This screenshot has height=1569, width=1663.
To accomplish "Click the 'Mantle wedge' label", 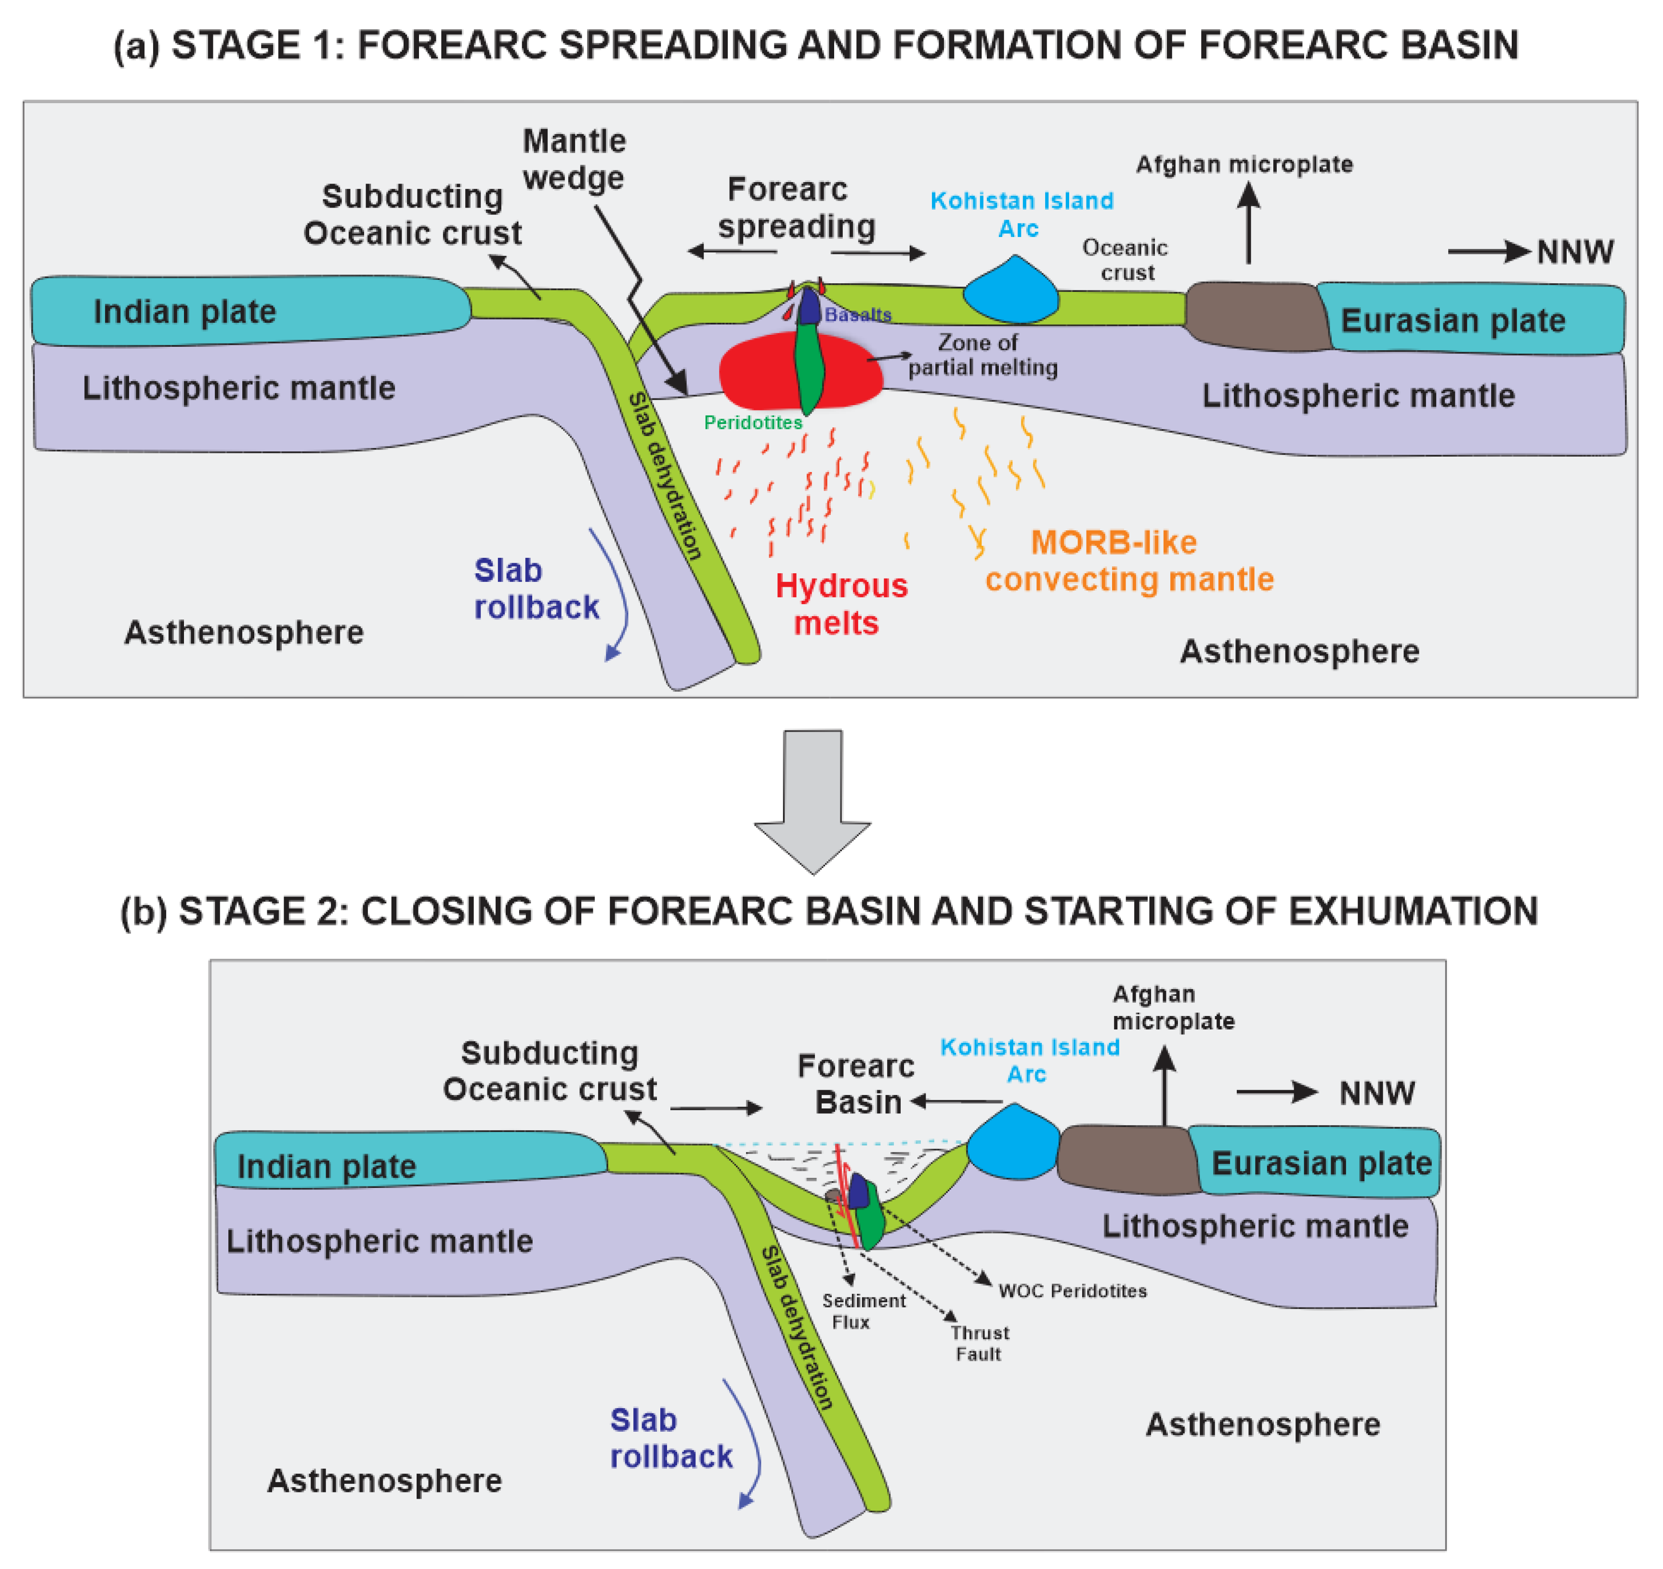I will [574, 159].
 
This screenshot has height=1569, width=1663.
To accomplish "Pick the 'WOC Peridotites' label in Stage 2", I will [1073, 1291].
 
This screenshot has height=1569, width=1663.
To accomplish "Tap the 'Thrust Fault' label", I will [979, 1343].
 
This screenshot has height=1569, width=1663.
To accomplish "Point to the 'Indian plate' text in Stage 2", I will [326, 1166].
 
